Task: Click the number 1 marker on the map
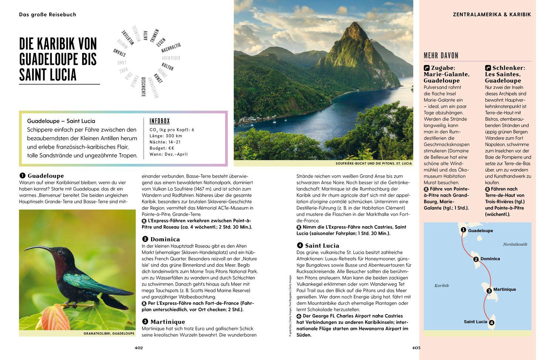pos(463,230)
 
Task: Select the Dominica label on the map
pos(490,259)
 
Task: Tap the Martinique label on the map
pos(504,289)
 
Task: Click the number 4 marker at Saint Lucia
pos(491,323)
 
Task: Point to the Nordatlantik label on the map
pos(515,244)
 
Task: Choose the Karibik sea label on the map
pos(441,285)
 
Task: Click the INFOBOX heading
pos(159,121)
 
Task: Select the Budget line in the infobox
pos(161,148)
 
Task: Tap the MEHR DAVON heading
pos(441,56)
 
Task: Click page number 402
pos(139,348)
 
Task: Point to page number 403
pos(416,348)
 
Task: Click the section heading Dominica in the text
pos(165,239)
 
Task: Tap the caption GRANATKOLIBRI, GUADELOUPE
pos(109,333)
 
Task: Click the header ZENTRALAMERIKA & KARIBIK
pos(492,14)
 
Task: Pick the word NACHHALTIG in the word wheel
pos(171,47)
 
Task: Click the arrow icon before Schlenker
pos(488,68)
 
